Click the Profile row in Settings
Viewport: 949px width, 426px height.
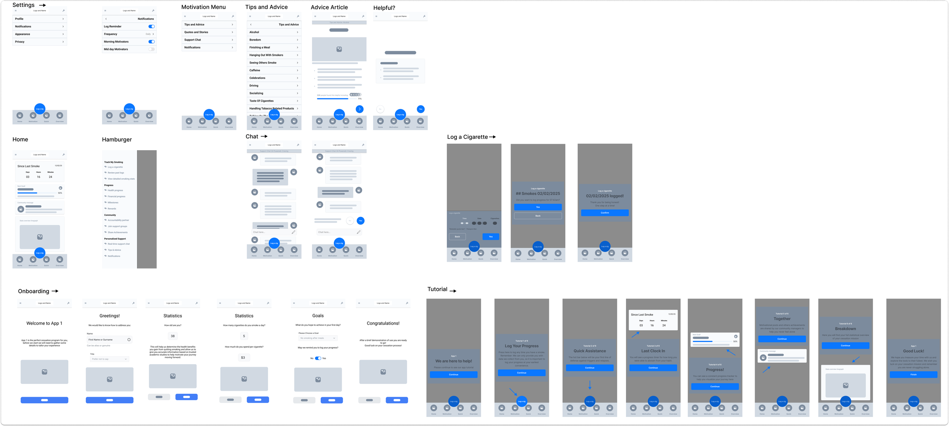click(x=39, y=19)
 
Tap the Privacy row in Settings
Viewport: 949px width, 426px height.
click(x=39, y=42)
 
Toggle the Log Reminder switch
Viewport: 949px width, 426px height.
click(x=151, y=27)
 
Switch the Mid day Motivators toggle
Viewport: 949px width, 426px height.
click(x=151, y=49)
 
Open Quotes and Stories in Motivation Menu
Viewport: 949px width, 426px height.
click(x=208, y=32)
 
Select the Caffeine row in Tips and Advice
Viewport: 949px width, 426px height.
click(x=273, y=70)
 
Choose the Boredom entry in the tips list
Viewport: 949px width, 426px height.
click(x=273, y=40)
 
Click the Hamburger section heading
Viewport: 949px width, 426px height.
click(x=117, y=140)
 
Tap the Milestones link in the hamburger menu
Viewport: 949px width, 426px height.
click(x=113, y=203)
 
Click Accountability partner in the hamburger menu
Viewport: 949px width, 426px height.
click(x=118, y=220)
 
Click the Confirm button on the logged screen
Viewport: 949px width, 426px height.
click(x=605, y=213)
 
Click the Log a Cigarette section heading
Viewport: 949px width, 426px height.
click(x=467, y=137)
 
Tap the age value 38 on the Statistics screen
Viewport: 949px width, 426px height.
click(x=173, y=336)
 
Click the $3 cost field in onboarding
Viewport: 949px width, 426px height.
click(x=243, y=357)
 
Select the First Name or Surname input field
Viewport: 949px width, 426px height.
click(x=109, y=340)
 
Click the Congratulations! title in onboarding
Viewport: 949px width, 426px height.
click(x=383, y=323)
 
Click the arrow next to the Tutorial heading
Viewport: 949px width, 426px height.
click(x=453, y=291)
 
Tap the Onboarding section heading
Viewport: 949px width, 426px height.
click(x=34, y=291)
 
